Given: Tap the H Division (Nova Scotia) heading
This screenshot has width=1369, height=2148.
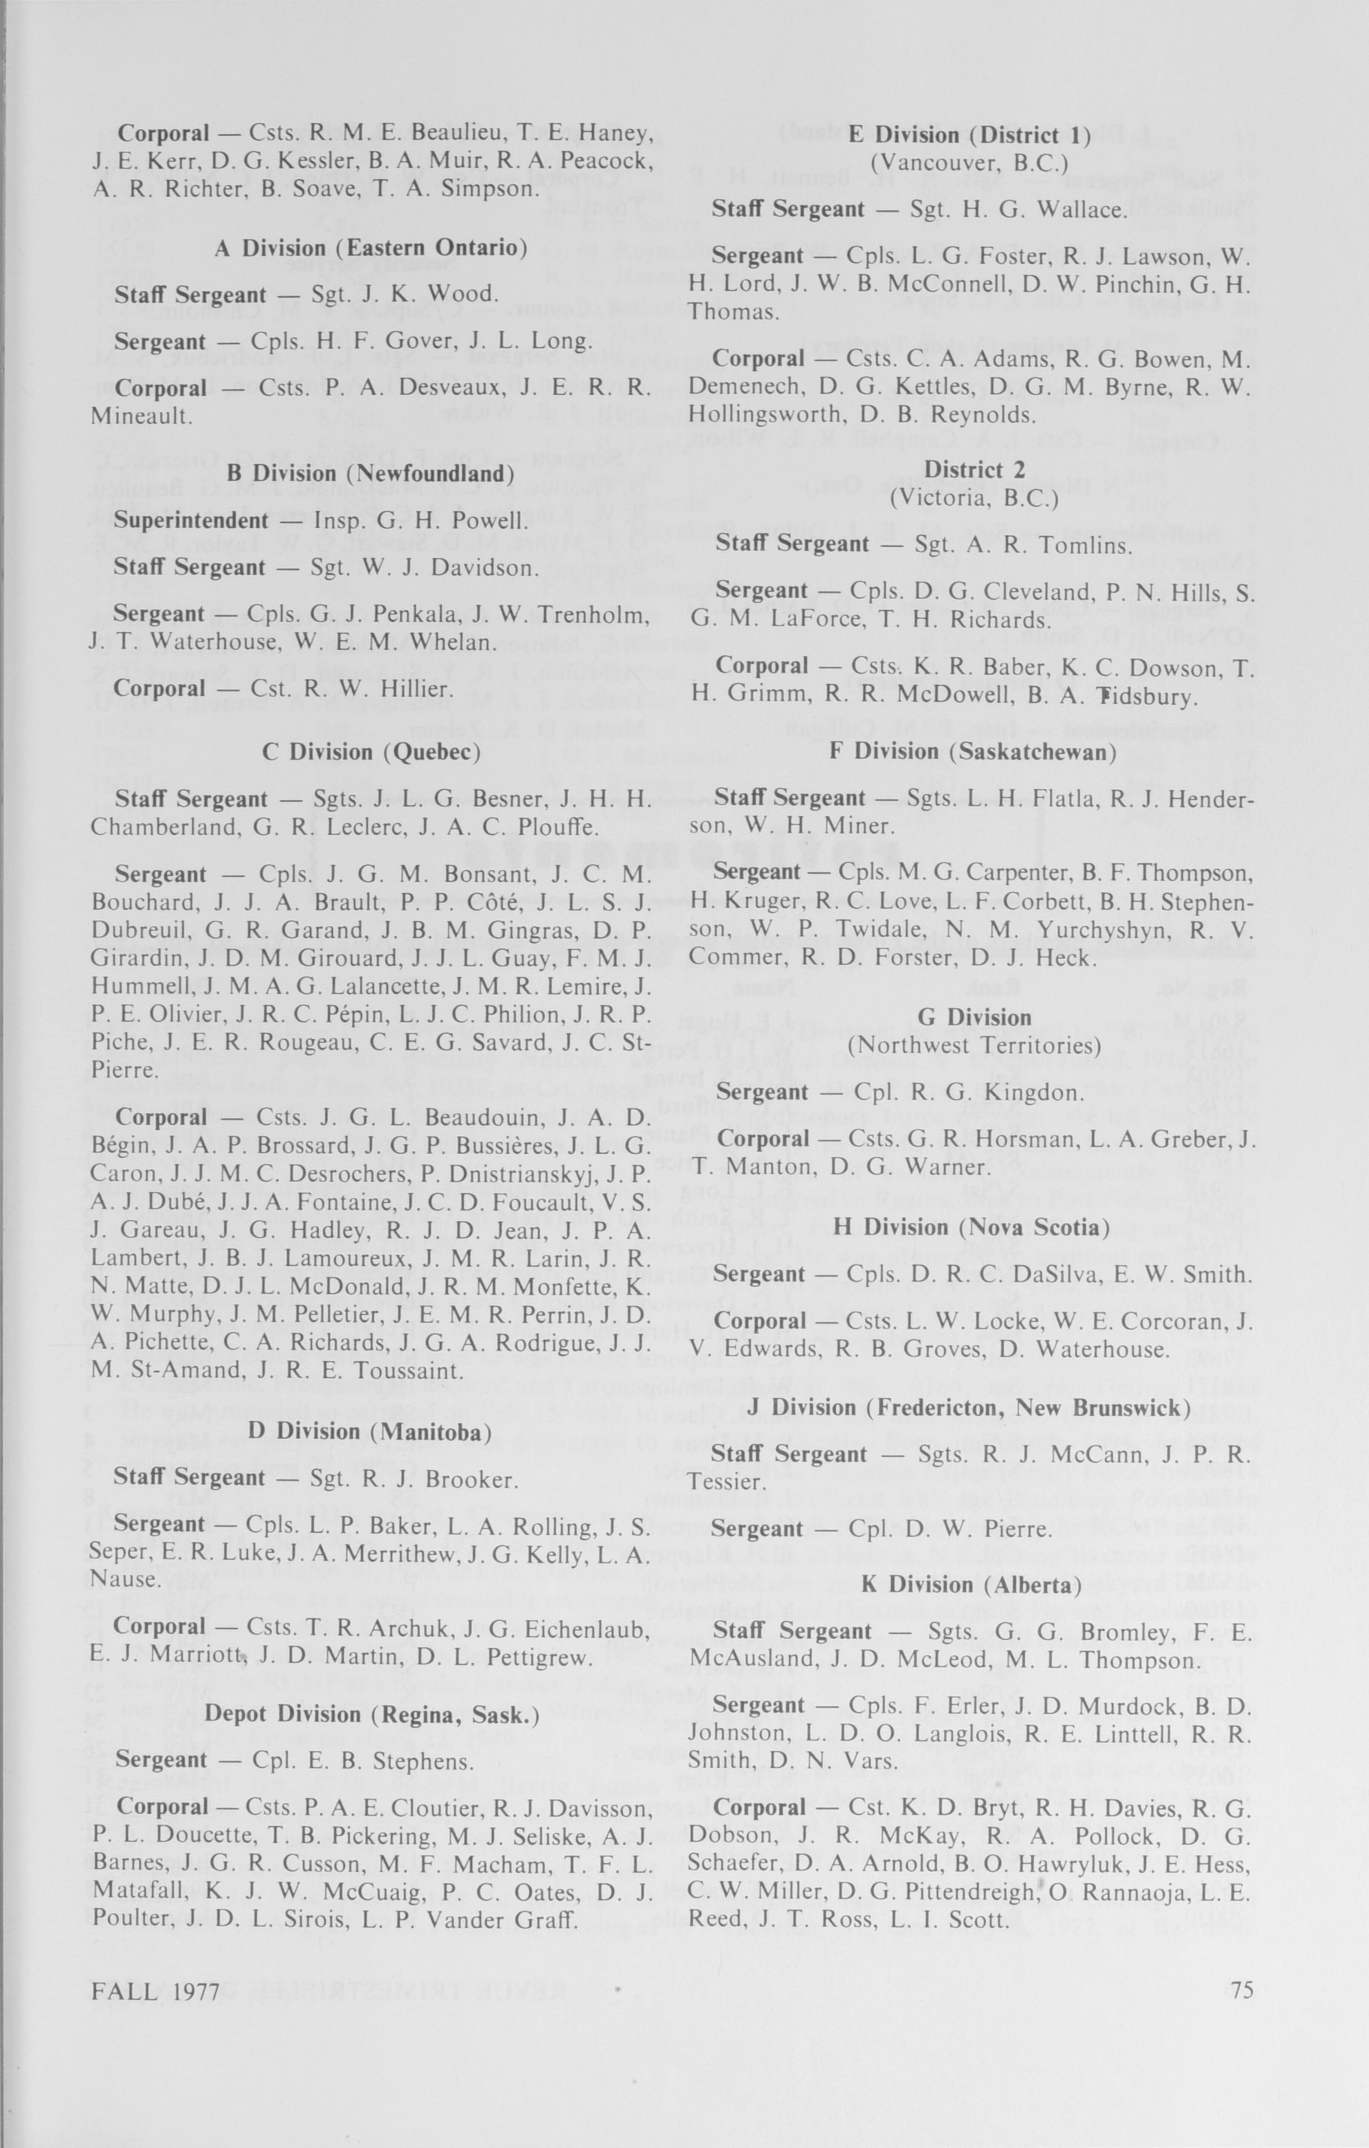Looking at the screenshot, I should tap(971, 1228).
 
